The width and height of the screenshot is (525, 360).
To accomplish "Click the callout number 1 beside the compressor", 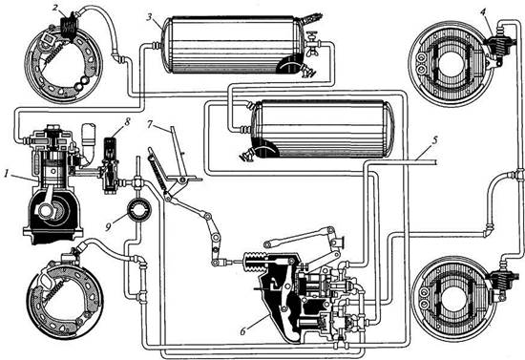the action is pos(7,174).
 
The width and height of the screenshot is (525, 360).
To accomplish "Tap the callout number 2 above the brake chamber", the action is pos(55,8).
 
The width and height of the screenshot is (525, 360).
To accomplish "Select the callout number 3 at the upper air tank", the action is pos(149,17).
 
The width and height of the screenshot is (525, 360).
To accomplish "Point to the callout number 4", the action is pos(482,12).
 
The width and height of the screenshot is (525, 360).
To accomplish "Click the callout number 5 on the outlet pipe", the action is pos(434,140).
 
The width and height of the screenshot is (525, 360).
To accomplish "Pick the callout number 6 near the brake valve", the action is pos(243,331).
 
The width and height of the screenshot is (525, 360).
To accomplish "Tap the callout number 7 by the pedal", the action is pos(150,124).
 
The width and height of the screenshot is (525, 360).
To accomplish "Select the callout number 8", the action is pos(127,122).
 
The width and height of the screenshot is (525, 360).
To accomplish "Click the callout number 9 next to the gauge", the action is pos(108,227).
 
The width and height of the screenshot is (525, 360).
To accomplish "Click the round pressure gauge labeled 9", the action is pos(139,210).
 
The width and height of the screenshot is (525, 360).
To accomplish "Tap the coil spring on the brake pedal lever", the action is pos(157,173).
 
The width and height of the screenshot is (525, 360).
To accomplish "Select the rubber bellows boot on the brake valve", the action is pos(254,261).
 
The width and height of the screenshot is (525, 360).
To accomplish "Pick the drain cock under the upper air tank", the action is pos(308,71).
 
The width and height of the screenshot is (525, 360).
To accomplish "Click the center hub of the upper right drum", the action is pos(451,64).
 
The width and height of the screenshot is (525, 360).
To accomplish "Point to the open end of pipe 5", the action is pos(435,162).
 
